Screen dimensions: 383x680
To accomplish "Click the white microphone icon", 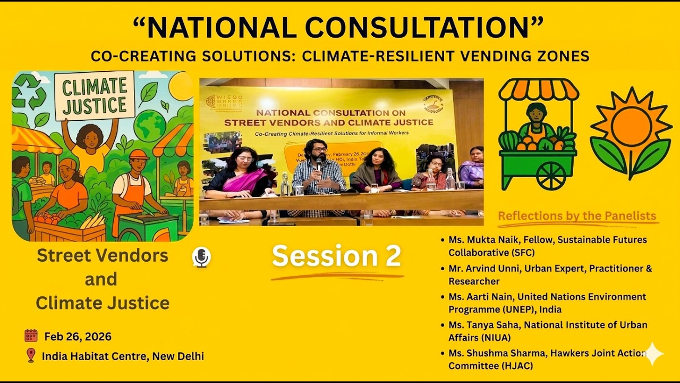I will (201, 257).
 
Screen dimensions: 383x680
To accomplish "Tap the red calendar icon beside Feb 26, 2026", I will (31, 336).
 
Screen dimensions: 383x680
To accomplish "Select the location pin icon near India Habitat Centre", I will (31, 355).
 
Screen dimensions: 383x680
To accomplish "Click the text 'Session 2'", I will (336, 256).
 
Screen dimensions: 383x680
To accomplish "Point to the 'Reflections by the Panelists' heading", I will (577, 216).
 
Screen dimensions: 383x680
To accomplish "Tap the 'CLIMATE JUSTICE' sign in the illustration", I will (95, 96).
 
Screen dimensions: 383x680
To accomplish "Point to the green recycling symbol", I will (26, 90).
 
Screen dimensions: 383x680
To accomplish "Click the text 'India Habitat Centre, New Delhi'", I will (123, 356).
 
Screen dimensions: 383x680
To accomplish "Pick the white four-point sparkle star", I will (652, 354).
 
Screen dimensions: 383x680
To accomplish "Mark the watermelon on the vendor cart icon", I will (509, 140).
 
